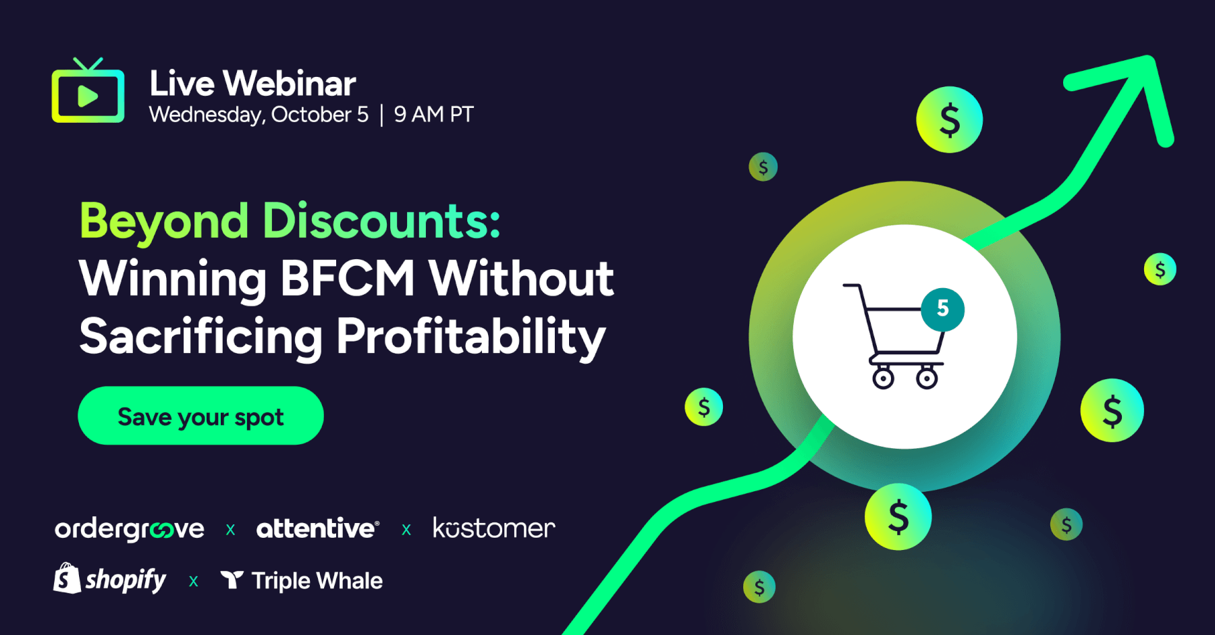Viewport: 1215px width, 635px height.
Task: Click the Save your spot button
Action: click(200, 416)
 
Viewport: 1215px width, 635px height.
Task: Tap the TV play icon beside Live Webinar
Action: click(88, 95)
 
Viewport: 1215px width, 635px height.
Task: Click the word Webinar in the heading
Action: click(289, 84)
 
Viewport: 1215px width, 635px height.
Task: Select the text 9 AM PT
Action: click(433, 115)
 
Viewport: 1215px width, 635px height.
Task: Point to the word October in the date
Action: click(311, 115)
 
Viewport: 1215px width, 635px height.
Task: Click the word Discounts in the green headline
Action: click(381, 221)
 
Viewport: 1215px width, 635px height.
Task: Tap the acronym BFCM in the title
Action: click(347, 278)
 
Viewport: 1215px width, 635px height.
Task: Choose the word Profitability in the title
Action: click(470, 336)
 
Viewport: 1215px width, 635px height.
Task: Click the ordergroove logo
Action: click(130, 529)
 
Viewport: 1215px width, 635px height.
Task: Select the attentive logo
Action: click(317, 528)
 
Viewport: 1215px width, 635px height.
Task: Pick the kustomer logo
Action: click(493, 528)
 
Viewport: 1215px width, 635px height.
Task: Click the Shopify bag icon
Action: click(66, 579)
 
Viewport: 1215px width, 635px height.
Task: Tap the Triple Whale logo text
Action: click(316, 581)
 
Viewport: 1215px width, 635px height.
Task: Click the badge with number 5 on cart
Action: click(942, 309)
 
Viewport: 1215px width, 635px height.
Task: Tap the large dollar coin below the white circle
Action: click(898, 517)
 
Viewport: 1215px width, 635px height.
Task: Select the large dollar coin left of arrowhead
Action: click(949, 120)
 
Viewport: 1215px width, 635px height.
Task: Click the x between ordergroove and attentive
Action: click(230, 530)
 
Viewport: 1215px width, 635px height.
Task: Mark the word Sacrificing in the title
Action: click(200, 336)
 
